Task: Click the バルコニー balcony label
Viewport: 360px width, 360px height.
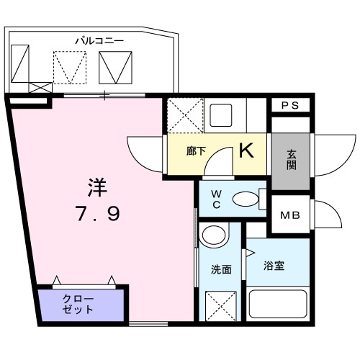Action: pyautogui.click(x=99, y=40)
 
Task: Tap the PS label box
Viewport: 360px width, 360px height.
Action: pyautogui.click(x=289, y=105)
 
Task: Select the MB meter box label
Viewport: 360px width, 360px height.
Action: pyautogui.click(x=289, y=215)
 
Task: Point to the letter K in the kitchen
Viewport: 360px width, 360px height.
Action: pyautogui.click(x=246, y=151)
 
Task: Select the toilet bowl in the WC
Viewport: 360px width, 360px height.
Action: pyautogui.click(x=246, y=199)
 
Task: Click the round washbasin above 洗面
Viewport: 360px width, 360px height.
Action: pyautogui.click(x=212, y=235)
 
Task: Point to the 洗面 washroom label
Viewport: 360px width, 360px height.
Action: pyautogui.click(x=221, y=269)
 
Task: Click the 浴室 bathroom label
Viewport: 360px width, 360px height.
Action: pyautogui.click(x=274, y=266)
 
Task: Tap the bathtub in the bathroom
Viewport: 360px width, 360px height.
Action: pyautogui.click(x=278, y=305)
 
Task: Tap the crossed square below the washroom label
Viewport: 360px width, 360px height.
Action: pyautogui.click(x=220, y=305)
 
